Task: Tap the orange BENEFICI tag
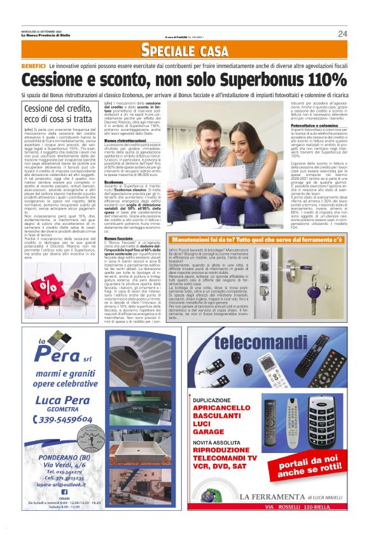pyautogui.click(x=33, y=65)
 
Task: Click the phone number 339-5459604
pyautogui.click(x=64, y=419)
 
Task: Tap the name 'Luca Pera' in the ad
pyautogui.click(x=64, y=399)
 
